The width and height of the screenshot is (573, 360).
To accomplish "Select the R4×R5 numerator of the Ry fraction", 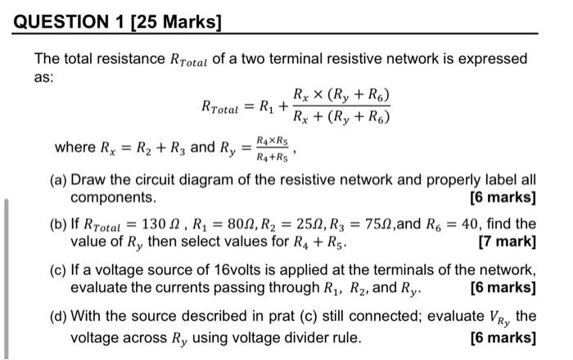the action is (x=273, y=140).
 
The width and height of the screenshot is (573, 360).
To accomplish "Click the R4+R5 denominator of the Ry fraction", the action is (x=273, y=155).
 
